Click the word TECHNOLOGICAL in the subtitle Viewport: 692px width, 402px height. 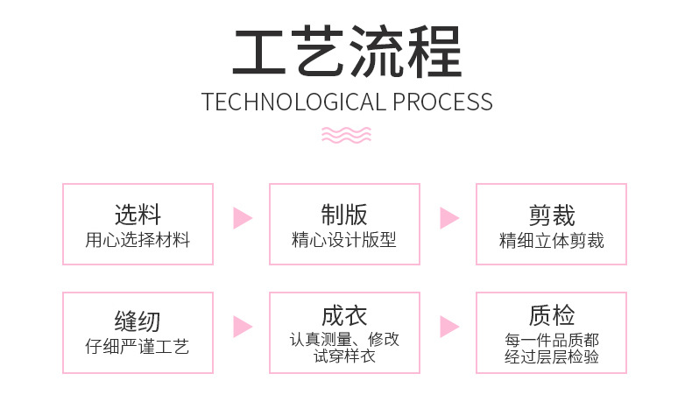click(293, 102)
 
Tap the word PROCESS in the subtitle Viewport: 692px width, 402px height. click(441, 102)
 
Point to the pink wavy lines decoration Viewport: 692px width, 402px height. click(346, 134)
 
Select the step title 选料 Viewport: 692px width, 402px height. click(138, 215)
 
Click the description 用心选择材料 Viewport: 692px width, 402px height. click(138, 239)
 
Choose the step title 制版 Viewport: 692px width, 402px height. click(344, 215)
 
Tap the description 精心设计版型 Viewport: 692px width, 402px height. click(344, 239)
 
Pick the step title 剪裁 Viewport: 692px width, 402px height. click(551, 215)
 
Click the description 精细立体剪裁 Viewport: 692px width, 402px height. click(551, 239)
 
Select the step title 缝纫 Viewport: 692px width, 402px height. click(138, 321)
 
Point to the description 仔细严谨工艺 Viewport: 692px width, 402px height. click(138, 346)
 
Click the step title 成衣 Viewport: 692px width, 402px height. click(344, 315)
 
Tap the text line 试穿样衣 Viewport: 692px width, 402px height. click(344, 356)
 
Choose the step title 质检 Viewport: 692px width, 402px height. click(551, 315)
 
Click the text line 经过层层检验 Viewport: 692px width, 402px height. click(551, 356)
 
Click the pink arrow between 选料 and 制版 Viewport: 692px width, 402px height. click(242, 218)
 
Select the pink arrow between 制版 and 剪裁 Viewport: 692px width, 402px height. click(448, 218)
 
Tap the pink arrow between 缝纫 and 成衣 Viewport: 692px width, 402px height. click(242, 327)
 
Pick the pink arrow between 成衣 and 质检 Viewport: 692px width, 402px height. click(448, 327)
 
